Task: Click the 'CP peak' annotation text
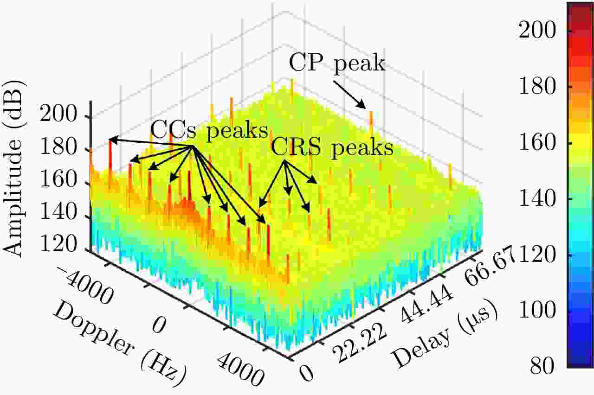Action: (x=337, y=63)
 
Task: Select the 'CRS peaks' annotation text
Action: (x=332, y=148)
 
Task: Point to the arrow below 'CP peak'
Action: (x=350, y=94)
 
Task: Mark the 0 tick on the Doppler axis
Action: (x=158, y=326)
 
